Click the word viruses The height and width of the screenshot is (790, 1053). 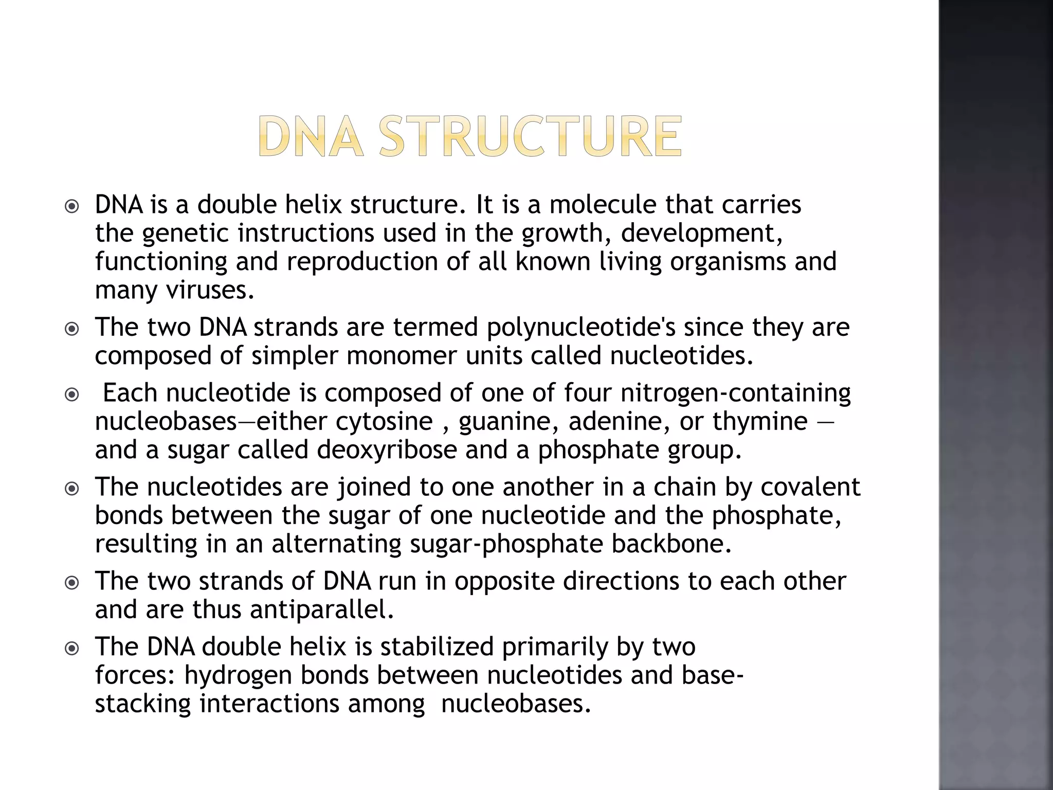[210, 290]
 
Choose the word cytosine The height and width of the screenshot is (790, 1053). [384, 421]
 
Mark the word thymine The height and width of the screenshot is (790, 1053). [760, 422]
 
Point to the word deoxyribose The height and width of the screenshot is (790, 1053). [387, 450]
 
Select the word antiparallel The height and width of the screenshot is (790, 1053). [322, 610]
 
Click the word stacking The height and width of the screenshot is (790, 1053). [143, 704]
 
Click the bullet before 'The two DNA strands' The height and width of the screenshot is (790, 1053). [72, 329]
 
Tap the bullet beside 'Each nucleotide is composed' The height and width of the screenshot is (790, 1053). [72, 394]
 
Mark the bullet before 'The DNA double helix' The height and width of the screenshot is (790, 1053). [72, 649]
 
